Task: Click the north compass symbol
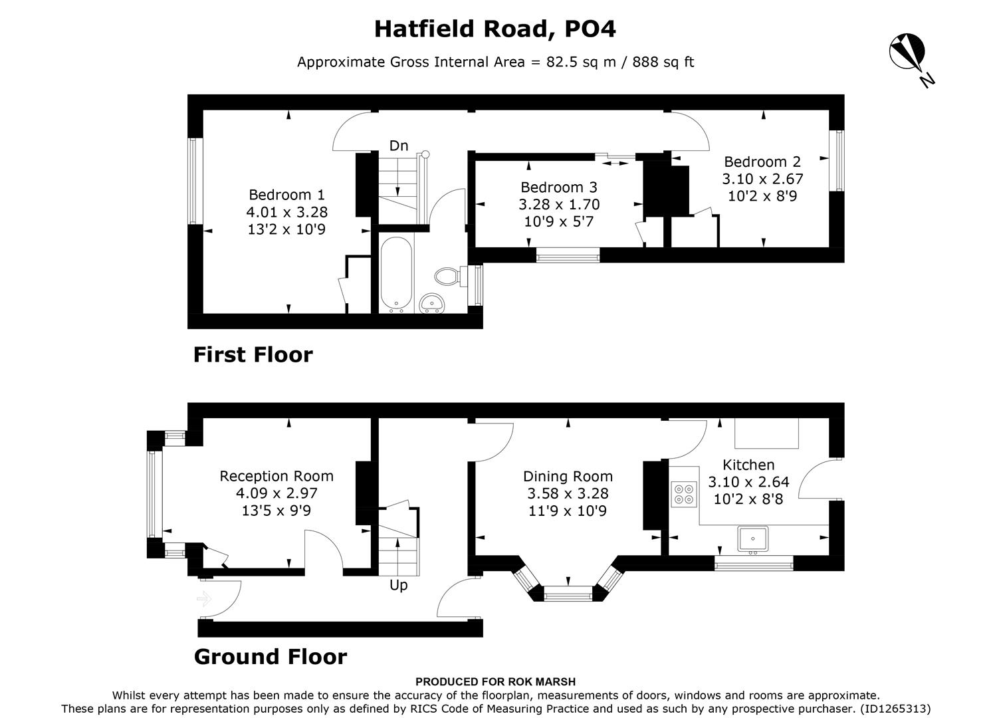click(x=907, y=53)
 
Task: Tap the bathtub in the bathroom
click(x=397, y=274)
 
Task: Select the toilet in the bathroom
click(x=447, y=275)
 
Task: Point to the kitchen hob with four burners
click(x=683, y=494)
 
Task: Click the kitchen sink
click(x=752, y=539)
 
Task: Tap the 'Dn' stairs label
click(x=399, y=146)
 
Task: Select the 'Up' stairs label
click(x=399, y=585)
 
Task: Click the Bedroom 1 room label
click(x=286, y=195)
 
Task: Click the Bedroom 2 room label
click(x=762, y=162)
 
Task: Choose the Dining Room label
click(x=568, y=476)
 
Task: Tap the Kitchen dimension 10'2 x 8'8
click(x=748, y=499)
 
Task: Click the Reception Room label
click(x=276, y=476)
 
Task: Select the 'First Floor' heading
click(x=253, y=354)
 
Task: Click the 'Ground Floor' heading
click(x=270, y=657)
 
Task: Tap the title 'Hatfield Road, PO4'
click(x=495, y=29)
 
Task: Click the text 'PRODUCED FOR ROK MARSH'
click(x=495, y=681)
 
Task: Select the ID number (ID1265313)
click(x=895, y=709)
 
